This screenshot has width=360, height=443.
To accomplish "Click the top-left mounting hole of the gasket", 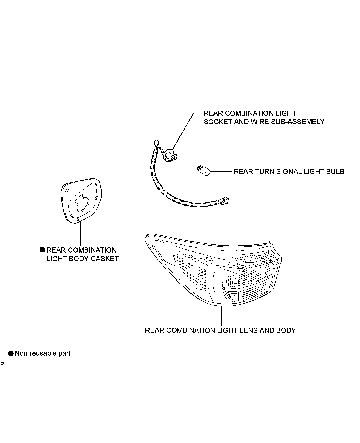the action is click(67, 191).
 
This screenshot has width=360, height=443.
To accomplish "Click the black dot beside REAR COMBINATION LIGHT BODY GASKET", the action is click(42, 250).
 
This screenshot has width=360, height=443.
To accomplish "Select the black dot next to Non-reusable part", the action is click(11, 354).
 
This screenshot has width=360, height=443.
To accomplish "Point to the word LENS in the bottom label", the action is click(248, 330).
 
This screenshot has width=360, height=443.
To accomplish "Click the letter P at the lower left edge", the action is click(2, 364).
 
